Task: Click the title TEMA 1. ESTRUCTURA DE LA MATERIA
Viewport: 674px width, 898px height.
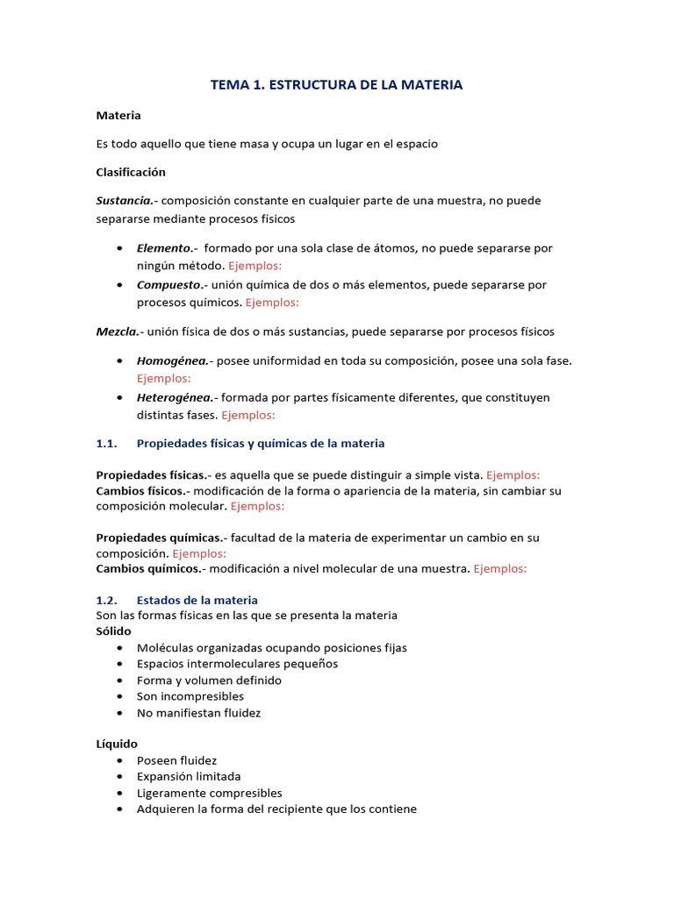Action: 336,85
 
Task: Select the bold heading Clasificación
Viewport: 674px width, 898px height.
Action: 131,172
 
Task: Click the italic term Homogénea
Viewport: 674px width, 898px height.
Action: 171,360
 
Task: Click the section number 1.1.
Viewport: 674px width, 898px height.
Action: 106,444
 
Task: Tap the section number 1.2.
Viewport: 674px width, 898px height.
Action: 106,600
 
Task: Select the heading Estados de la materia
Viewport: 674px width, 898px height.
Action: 197,600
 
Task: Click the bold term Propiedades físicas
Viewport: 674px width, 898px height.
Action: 149,474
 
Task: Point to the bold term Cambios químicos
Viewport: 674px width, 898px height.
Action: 147,568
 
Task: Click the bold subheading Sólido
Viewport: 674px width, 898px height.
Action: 113,631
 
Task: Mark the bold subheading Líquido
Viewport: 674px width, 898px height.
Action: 117,744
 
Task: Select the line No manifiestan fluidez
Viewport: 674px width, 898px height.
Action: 199,713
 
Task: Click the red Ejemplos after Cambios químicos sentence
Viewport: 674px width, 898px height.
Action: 499,568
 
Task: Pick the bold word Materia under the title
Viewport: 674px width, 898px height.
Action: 118,116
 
